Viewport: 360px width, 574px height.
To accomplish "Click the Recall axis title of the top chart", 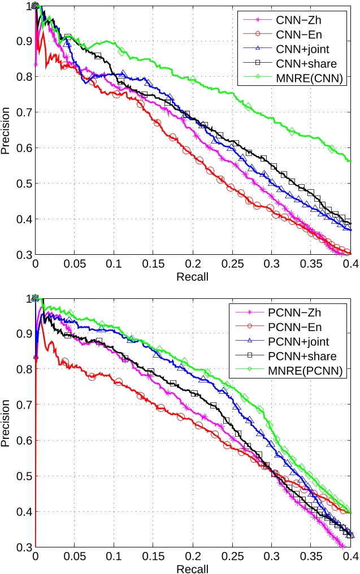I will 193,277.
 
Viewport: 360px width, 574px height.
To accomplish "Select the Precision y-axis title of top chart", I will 6,130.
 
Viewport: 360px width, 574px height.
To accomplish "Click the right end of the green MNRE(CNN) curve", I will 350,161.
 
